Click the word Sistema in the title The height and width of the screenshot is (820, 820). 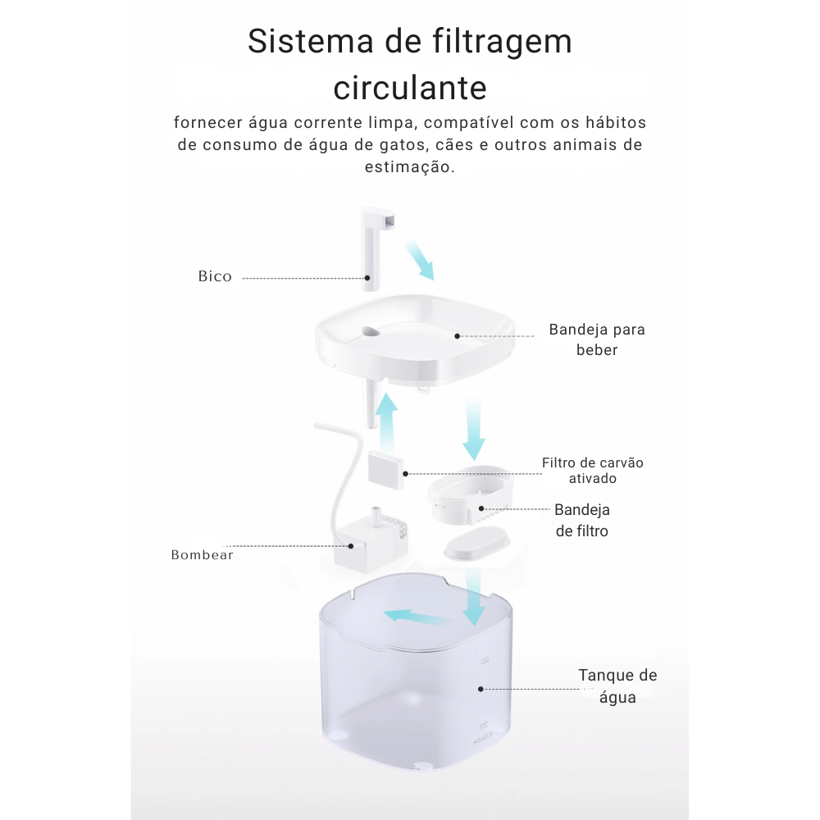(x=311, y=41)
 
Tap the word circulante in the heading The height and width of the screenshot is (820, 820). (x=410, y=88)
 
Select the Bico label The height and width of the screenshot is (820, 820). (x=215, y=276)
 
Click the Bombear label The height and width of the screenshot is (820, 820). (x=202, y=555)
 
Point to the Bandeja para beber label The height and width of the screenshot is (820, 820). (x=597, y=339)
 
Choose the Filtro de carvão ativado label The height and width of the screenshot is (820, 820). (x=593, y=470)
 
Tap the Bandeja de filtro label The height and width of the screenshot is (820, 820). (x=582, y=521)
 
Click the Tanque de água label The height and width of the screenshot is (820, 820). (x=617, y=686)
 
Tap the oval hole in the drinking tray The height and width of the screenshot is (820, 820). (x=371, y=331)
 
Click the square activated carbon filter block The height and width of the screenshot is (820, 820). (x=386, y=470)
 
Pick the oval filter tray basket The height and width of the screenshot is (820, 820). (x=470, y=494)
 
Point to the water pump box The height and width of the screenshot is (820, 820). (x=371, y=544)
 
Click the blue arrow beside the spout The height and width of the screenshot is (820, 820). (x=420, y=260)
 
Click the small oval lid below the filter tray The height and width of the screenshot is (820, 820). (x=476, y=544)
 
